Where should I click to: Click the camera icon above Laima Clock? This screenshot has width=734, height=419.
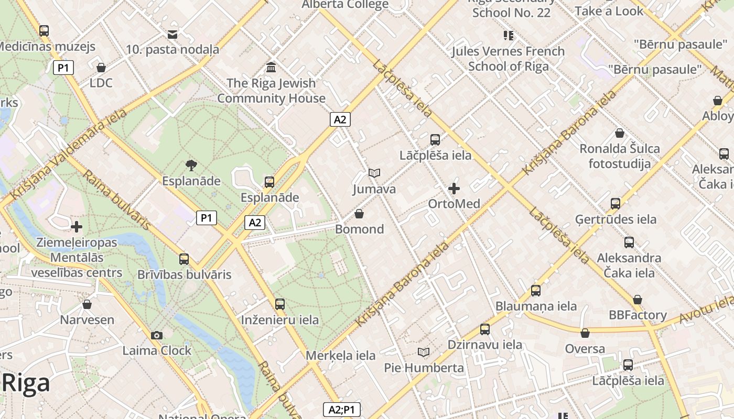[x=156, y=335]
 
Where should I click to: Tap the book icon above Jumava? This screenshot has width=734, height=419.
[x=374, y=173]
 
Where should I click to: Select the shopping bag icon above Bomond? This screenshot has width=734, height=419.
[x=359, y=214]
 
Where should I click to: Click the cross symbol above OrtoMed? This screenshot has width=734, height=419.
[x=454, y=189]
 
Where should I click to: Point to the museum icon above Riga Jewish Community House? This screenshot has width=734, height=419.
[x=272, y=67]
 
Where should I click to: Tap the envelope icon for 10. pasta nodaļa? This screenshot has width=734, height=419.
[x=172, y=35]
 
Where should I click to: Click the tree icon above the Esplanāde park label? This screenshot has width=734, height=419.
[x=191, y=166]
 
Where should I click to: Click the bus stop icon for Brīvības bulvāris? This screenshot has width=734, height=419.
[x=184, y=259]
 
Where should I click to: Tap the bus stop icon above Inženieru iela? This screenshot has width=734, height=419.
[x=280, y=304]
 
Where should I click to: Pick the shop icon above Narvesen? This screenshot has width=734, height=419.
[x=87, y=304]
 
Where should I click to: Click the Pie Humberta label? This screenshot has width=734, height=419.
[x=424, y=368]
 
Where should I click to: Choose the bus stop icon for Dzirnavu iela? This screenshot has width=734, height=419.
[x=485, y=329]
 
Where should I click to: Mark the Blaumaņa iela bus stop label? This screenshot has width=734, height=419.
[x=536, y=306]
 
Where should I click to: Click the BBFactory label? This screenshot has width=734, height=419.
[x=638, y=315]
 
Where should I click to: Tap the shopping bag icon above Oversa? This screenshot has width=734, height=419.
[x=585, y=333]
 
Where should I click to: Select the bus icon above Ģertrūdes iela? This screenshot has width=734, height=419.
[x=616, y=203]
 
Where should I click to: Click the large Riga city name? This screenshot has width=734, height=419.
[x=26, y=383]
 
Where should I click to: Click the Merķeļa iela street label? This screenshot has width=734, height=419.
[x=340, y=356]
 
